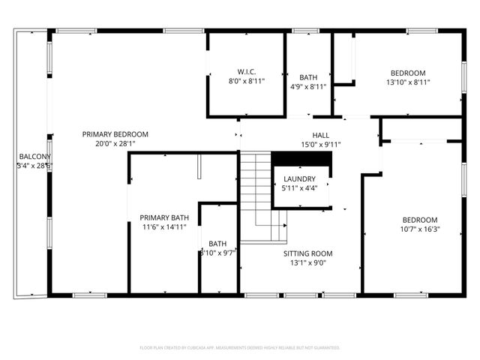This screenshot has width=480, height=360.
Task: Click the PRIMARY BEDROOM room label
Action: coord(115,134)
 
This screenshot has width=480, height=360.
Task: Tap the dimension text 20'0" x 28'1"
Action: coord(115,144)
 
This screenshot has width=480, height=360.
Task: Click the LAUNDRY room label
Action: coord(299,179)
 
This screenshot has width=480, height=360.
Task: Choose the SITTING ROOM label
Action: coord(307,253)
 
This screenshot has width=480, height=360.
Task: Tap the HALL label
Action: coord(321,135)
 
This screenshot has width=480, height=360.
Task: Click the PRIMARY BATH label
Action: coord(164,218)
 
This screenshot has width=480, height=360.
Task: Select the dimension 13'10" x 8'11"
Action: coord(408,82)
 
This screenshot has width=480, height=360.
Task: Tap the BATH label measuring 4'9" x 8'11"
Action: coord(308,77)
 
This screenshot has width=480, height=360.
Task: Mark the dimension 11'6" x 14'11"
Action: coord(164,228)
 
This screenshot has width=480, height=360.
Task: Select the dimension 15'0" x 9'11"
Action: coord(321,145)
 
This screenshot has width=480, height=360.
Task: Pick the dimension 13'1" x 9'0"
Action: coord(307,263)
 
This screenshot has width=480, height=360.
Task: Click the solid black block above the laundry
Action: coord(301,159)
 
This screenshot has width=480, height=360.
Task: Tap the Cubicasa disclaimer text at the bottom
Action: coord(240,348)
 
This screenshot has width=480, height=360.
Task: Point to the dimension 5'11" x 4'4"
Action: coord(299,189)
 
